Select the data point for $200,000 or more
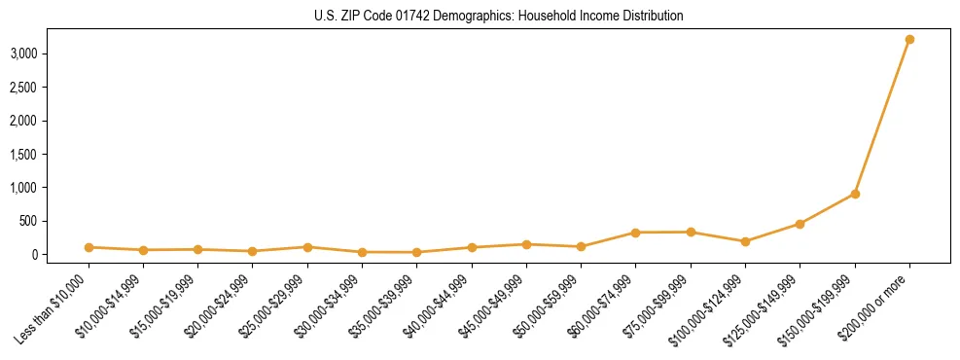click(909, 40)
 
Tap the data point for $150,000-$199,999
click(855, 194)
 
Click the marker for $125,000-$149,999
click(800, 224)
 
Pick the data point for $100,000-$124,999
click(745, 241)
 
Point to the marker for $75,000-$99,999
click(691, 232)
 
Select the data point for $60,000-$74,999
click(635, 233)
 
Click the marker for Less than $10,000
click(89, 247)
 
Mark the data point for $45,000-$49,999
click(526, 244)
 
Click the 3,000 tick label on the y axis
click(23, 54)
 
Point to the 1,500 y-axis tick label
click(23, 154)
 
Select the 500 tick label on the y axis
click(29, 221)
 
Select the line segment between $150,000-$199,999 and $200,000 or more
click(882, 117)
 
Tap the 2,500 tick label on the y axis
click(23, 88)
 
